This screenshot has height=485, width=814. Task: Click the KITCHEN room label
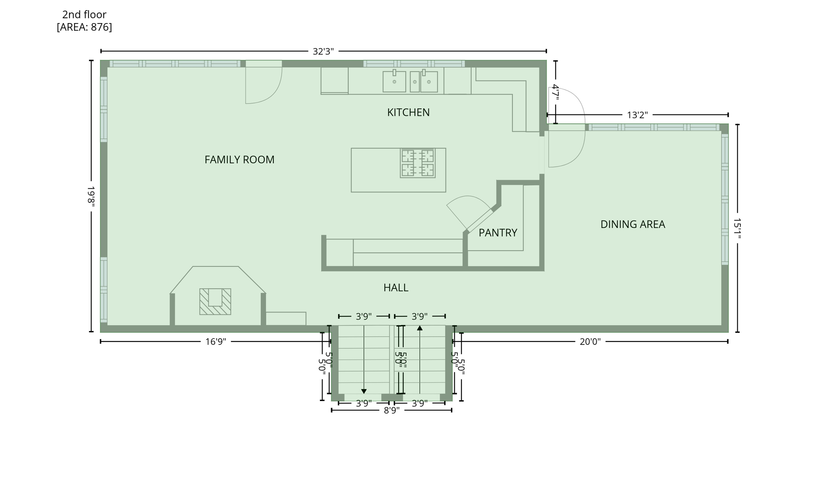pyautogui.click(x=408, y=113)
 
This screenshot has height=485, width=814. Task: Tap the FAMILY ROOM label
pyautogui.click(x=239, y=160)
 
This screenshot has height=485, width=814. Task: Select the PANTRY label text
pyautogui.click(x=498, y=233)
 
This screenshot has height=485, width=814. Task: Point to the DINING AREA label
pyautogui.click(x=632, y=224)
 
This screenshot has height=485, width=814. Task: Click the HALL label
pyautogui.click(x=395, y=288)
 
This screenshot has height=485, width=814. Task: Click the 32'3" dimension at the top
pyautogui.click(x=323, y=51)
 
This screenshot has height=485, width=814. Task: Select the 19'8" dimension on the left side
pyautogui.click(x=91, y=196)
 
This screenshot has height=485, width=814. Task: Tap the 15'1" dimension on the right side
pyautogui.click(x=737, y=228)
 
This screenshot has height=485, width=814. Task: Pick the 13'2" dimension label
pyautogui.click(x=637, y=115)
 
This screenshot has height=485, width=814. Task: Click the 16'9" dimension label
pyautogui.click(x=215, y=342)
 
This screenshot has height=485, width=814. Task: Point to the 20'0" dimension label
pyautogui.click(x=590, y=342)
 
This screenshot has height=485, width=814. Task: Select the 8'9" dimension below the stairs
pyautogui.click(x=391, y=410)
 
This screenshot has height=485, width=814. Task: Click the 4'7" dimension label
pyautogui.click(x=556, y=92)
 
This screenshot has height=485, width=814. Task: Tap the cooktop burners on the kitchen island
pyautogui.click(x=417, y=163)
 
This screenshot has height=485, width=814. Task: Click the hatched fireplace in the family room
pyautogui.click(x=215, y=302)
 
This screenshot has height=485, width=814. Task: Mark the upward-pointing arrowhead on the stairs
pyautogui.click(x=420, y=328)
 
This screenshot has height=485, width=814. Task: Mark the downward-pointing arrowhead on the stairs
pyautogui.click(x=364, y=392)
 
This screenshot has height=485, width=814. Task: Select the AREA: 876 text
pyautogui.click(x=84, y=27)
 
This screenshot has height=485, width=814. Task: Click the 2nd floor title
pyautogui.click(x=84, y=15)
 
